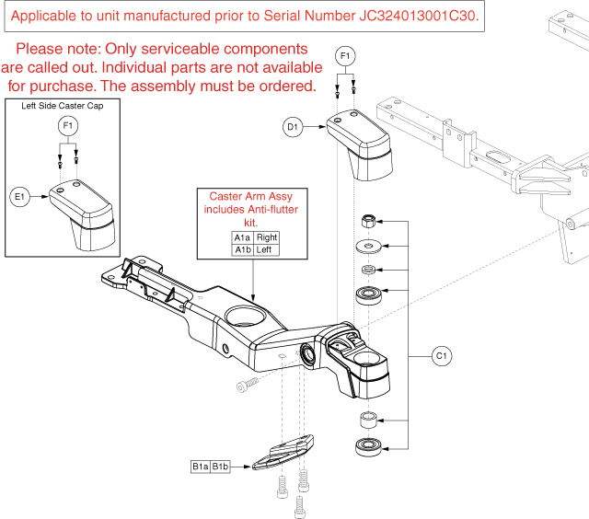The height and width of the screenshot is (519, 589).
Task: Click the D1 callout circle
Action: click(293, 128)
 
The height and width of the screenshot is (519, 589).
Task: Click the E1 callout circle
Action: click(18, 195)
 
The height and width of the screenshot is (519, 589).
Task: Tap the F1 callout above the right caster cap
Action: click(346, 57)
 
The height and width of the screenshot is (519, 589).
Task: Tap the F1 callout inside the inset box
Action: click(67, 124)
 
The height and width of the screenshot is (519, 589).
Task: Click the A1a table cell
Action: click(242, 237)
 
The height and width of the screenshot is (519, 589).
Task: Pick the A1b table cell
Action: click(242, 249)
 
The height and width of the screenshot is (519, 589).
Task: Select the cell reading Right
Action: click(266, 237)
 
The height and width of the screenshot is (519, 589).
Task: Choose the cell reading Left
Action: click(264, 249)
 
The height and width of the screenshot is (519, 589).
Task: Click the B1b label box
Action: click(222, 467)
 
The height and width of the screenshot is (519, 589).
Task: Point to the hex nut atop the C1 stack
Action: click(367, 222)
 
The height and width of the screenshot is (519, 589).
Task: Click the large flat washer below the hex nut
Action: click(367, 247)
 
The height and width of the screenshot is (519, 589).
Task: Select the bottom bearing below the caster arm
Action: click(367, 447)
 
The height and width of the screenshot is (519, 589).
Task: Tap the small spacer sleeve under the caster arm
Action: click(367, 421)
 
